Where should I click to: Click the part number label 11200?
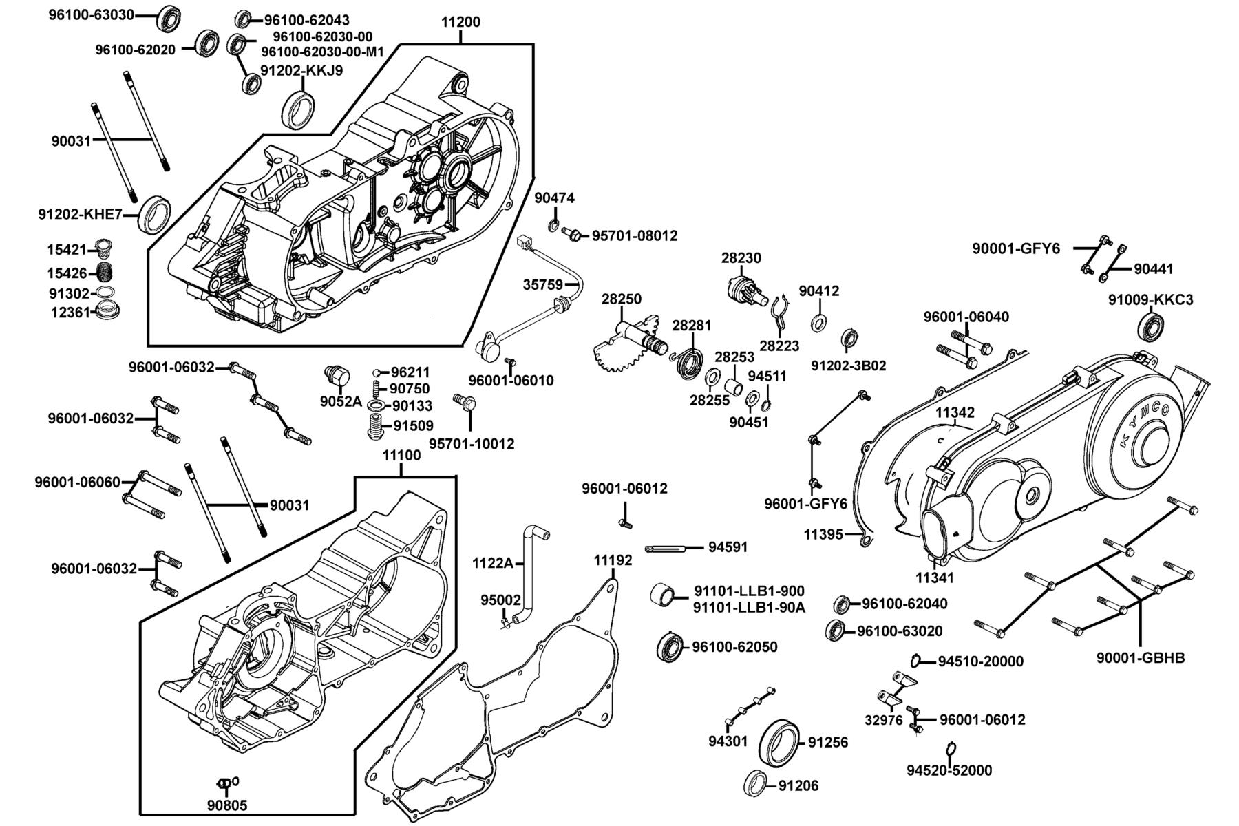pyautogui.click(x=460, y=21)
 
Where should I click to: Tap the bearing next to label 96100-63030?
pyautogui.click(x=169, y=18)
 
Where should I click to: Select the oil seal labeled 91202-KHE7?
pyautogui.click(x=156, y=214)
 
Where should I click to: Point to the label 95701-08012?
pyautogui.click(x=635, y=235)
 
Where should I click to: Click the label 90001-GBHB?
pyautogui.click(x=1141, y=657)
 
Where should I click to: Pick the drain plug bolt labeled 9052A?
pyautogui.click(x=337, y=377)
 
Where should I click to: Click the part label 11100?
pyautogui.click(x=401, y=455)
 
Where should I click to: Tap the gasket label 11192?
pyautogui.click(x=613, y=560)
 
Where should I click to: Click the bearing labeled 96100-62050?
pyautogui.click(x=669, y=646)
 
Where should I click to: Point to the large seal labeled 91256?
pyautogui.click(x=779, y=742)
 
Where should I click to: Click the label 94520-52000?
pyautogui.click(x=949, y=770)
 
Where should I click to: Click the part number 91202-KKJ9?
pyautogui.click(x=301, y=70)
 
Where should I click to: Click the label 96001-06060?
pyautogui.click(x=78, y=482)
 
